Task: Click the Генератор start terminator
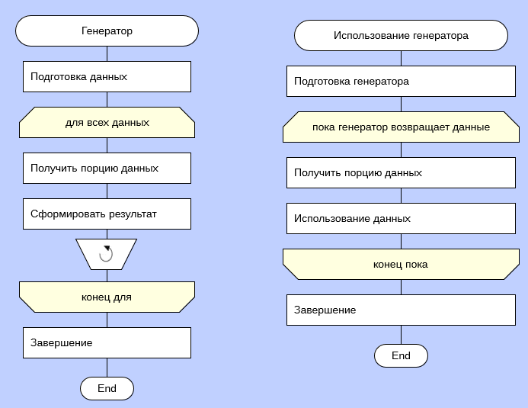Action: click(107, 31)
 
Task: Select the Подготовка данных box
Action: click(107, 77)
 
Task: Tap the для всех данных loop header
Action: click(107, 122)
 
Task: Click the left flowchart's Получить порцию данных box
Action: click(107, 168)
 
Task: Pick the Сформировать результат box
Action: click(107, 214)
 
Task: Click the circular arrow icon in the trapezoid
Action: click(107, 254)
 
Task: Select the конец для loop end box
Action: click(107, 297)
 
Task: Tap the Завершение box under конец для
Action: click(107, 342)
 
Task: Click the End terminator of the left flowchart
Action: click(107, 388)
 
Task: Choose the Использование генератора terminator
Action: click(401, 36)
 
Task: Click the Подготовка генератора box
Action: click(401, 82)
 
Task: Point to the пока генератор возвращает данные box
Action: click(401, 127)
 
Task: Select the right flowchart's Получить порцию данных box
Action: click(401, 173)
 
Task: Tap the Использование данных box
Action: click(401, 218)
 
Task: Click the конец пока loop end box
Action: click(401, 265)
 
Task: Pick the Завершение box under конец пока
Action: click(401, 310)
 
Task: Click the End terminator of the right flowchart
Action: click(401, 355)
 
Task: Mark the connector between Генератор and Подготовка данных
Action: click(107, 54)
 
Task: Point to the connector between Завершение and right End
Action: click(401, 335)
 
